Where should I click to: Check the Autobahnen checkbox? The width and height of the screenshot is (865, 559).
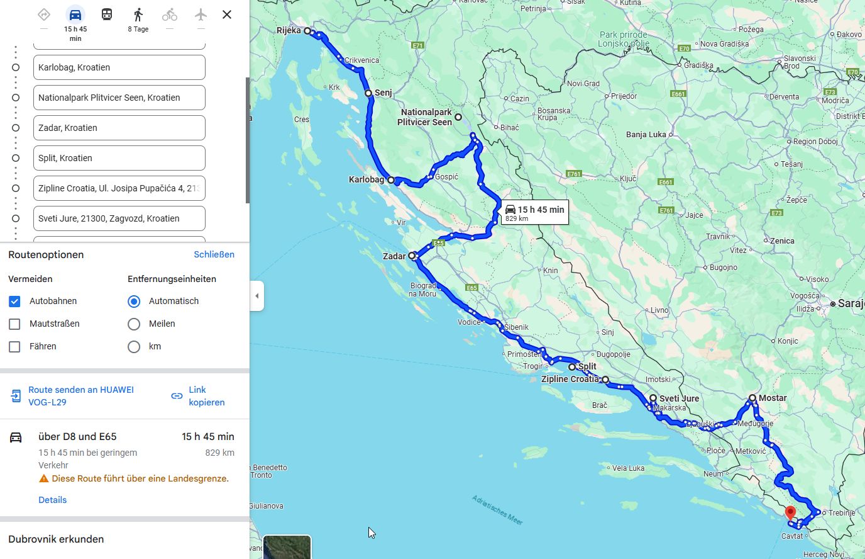tap(14, 302)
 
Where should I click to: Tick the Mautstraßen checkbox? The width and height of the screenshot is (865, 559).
tap(14, 324)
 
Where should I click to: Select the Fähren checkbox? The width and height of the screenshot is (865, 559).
tap(14, 347)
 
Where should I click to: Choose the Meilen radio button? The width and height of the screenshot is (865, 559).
tap(134, 324)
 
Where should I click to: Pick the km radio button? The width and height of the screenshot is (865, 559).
tap(134, 347)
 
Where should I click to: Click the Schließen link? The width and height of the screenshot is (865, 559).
tap(214, 254)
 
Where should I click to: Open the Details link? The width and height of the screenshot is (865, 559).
tap(52, 500)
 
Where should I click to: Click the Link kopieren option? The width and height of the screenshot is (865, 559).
tap(198, 396)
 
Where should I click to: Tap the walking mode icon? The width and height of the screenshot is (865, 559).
tap(138, 15)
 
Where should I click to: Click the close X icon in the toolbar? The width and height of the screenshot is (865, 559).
tap(227, 14)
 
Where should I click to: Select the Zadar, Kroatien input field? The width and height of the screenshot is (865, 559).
tap(119, 128)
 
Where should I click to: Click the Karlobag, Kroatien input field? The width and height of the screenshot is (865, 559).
tap(119, 67)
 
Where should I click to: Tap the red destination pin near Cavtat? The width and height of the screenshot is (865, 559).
tap(790, 512)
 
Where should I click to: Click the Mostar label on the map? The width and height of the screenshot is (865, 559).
tap(773, 398)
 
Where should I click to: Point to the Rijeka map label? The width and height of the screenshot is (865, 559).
tap(289, 30)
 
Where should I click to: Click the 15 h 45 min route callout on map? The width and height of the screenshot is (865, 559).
tap(534, 213)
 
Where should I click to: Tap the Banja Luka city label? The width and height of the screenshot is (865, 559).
tap(646, 134)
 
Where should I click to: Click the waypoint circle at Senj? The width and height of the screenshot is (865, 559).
tap(369, 93)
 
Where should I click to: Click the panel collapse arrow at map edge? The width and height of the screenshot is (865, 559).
tap(256, 296)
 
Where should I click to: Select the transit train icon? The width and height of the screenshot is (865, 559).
tap(107, 15)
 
